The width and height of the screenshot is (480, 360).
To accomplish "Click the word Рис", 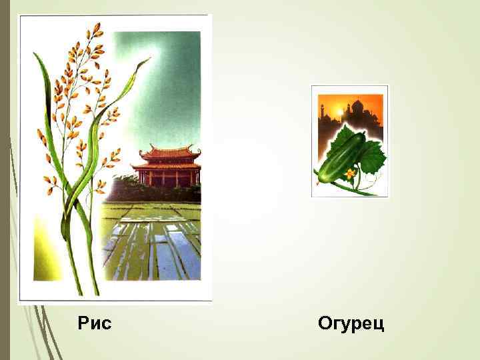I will point(95,324).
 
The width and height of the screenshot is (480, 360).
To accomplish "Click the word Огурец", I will point(351,325).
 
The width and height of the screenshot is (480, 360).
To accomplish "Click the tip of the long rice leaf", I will point(148,60).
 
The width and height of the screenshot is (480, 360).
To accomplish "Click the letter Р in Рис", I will point(83,324).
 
